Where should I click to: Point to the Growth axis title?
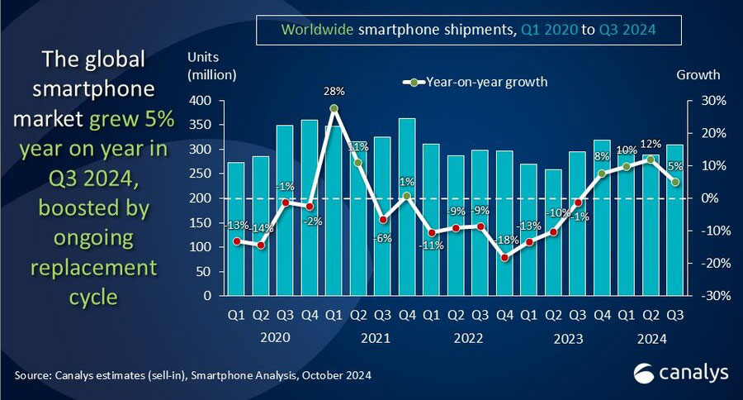coord(698,74)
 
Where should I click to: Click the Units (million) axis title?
coord(212,66)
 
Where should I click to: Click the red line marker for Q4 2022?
coord(504,257)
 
